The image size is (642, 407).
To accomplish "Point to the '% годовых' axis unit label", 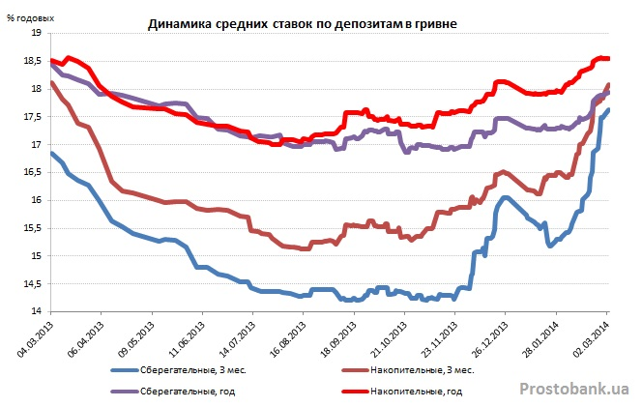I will click(x=30, y=17).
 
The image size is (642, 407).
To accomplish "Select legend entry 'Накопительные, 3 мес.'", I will click(x=423, y=370).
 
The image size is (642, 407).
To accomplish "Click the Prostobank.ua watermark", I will click(x=574, y=389).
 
